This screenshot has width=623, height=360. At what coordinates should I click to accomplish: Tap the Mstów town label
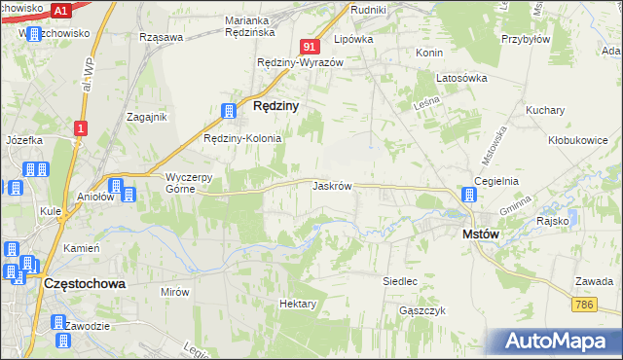tap(480, 234)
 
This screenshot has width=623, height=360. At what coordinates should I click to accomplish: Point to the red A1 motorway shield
tap(60, 11)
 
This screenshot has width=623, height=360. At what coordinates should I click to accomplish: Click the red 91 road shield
tap(310, 46)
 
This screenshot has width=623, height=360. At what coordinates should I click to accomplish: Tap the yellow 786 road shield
tap(584, 306)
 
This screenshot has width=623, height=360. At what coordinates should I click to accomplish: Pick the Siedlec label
tap(400, 281)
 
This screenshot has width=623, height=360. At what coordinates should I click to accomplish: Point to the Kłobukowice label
tap(577, 140)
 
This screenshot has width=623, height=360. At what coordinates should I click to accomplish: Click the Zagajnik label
tap(148, 117)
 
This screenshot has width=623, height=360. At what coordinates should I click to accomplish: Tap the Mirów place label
tap(175, 291)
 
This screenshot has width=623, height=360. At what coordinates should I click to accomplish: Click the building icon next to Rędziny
tap(230, 112)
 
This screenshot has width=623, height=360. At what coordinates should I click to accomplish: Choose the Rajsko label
tap(552, 221)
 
